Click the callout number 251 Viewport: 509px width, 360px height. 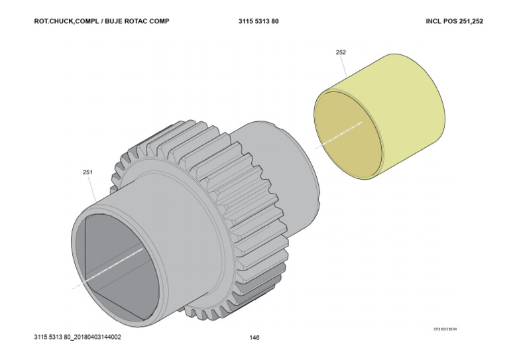[x=87, y=172]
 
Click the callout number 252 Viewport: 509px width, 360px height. [x=341, y=52]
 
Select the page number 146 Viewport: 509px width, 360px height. [x=254, y=337]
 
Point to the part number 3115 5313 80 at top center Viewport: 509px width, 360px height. [x=258, y=21]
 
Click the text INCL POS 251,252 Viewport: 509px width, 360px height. [x=454, y=21]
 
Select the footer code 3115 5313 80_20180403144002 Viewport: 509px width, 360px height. [x=78, y=337]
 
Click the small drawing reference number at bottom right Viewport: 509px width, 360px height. [x=445, y=329]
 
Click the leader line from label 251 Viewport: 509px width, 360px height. [x=94, y=188]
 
